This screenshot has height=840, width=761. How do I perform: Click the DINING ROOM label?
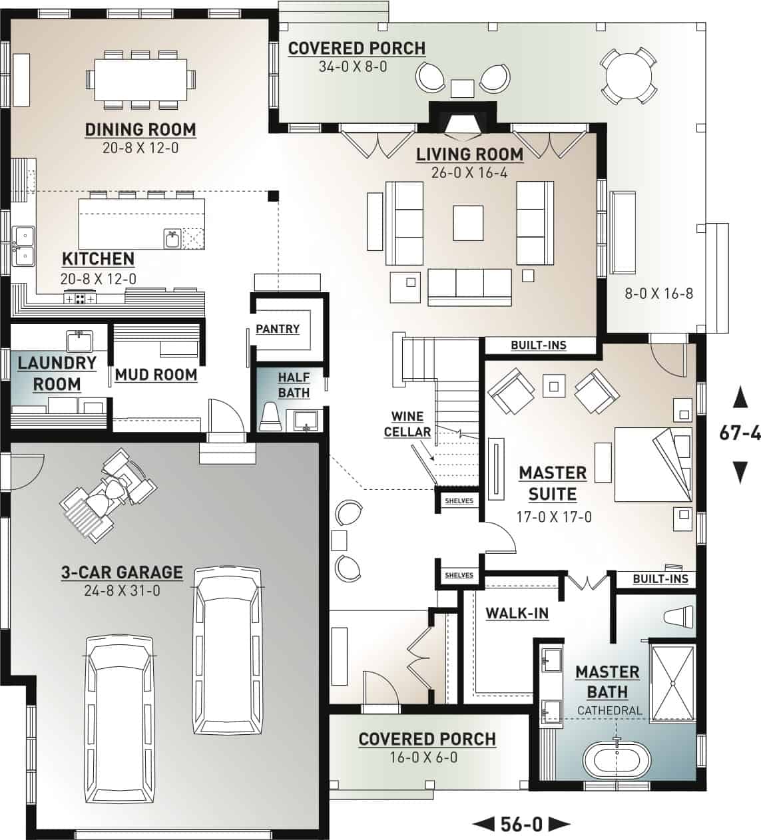click(140, 129)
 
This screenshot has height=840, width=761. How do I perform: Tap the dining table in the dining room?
click(140, 79)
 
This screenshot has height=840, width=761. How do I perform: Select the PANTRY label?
click(278, 329)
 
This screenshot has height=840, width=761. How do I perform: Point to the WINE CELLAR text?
click(407, 424)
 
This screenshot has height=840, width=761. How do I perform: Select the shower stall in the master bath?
click(672, 682)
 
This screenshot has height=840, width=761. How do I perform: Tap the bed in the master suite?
click(652, 464)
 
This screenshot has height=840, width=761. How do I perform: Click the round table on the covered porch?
click(628, 75)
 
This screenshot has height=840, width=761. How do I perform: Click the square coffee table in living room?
click(468, 222)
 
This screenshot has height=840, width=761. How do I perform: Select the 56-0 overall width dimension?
click(521, 825)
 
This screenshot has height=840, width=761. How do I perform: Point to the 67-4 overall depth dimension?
click(740, 433)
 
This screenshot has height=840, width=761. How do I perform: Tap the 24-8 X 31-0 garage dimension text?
click(122, 590)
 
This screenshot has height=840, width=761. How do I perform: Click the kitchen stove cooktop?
click(80, 299)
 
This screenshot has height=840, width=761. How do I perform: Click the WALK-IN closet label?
click(517, 613)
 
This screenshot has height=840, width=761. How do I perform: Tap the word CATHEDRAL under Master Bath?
click(610, 710)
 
